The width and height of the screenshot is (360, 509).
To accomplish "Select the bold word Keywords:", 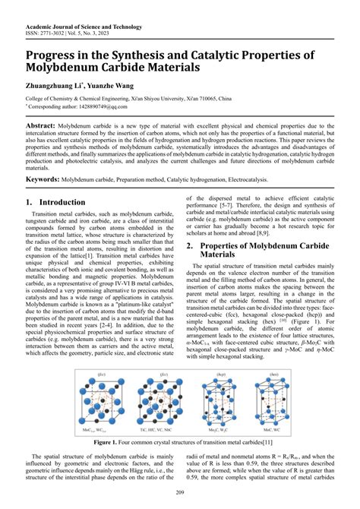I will (x=43, y=179).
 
